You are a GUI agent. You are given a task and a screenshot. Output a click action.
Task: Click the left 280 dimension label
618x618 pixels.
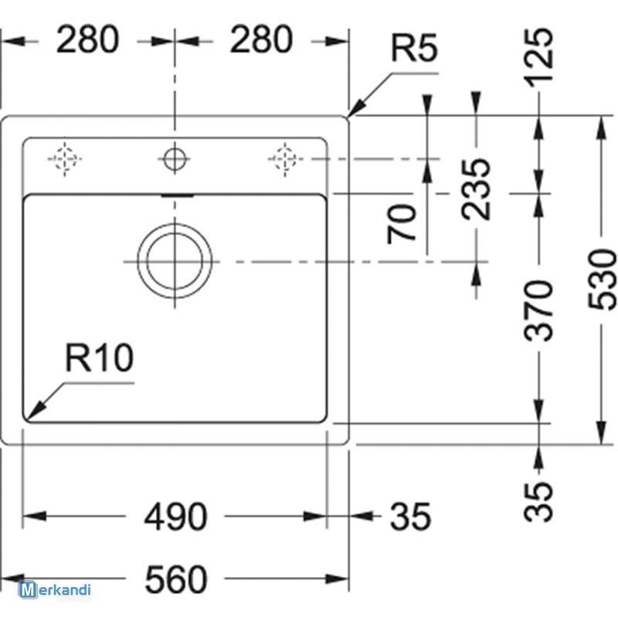(87, 39)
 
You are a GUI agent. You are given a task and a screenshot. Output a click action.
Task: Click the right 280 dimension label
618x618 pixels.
(261, 39)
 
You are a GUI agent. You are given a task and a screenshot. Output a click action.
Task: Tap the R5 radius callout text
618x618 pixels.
(414, 48)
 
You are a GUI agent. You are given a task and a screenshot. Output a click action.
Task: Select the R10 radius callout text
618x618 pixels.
(100, 358)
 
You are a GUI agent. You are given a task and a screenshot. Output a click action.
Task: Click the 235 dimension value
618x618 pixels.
(476, 188)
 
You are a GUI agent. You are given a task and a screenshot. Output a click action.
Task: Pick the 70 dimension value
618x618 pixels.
(402, 223)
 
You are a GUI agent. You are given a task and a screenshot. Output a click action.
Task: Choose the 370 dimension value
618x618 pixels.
(538, 311)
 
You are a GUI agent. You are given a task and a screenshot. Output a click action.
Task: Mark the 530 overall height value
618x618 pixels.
(602, 279)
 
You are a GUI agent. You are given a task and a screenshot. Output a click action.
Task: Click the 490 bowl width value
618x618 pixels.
(175, 516)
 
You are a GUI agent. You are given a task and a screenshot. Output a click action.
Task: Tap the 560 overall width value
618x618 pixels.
(176, 579)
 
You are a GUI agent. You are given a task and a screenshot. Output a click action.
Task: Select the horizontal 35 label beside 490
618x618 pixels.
(410, 516)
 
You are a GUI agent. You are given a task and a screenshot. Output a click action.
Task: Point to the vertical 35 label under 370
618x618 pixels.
(538, 501)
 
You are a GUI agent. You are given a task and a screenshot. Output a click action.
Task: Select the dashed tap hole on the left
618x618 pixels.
(65, 159)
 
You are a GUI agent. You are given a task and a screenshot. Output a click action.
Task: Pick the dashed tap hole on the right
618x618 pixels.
(284, 159)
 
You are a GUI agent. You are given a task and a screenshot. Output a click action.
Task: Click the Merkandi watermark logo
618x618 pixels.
(55, 590)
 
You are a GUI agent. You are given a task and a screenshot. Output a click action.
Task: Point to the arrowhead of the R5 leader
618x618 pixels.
(349, 116)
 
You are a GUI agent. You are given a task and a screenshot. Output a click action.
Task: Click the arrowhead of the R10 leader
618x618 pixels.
(26, 419)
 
